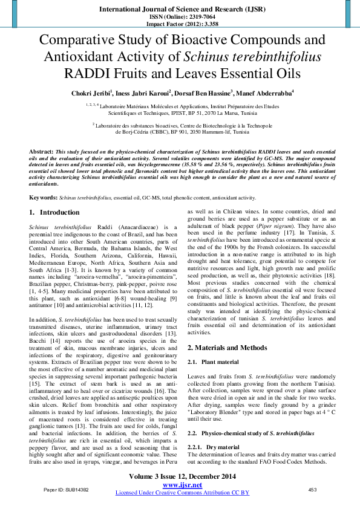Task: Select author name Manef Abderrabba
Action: click(x=266, y=94)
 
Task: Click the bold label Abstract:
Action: click(x=42, y=149)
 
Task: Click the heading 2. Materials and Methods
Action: click(x=227, y=348)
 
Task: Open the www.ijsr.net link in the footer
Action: click(x=182, y=485)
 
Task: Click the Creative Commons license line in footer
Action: click(x=182, y=493)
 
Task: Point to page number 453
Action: click(x=313, y=490)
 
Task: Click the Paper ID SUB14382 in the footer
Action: click(x=67, y=490)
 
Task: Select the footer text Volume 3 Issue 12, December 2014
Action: click(x=182, y=478)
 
